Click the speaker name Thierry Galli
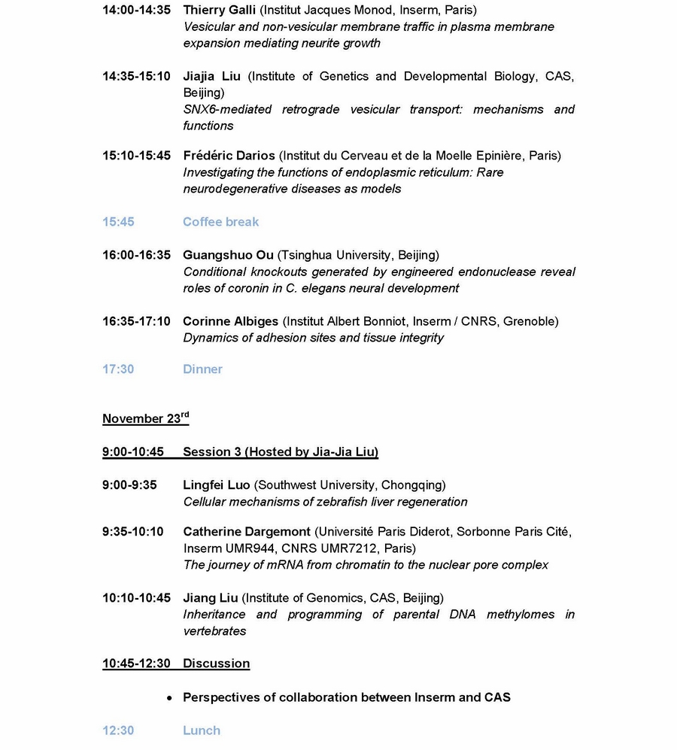pyautogui.click(x=219, y=10)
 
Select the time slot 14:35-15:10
pyautogui.click(x=136, y=76)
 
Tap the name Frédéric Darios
pyautogui.click(x=229, y=156)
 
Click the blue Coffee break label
pyautogui.click(x=220, y=222)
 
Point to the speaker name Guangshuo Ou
pyautogui.click(x=228, y=255)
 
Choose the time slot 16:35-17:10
pyautogui.click(x=136, y=321)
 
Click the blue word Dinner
pyautogui.click(x=202, y=369)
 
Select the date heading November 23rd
pyautogui.click(x=145, y=419)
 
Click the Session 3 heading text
pyautogui.click(x=281, y=452)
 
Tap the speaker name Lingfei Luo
pyautogui.click(x=217, y=485)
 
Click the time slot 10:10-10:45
pyautogui.click(x=136, y=598)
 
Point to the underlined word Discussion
pyautogui.click(x=216, y=663)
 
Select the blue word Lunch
pyautogui.click(x=202, y=730)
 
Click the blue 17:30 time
pyautogui.click(x=118, y=369)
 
